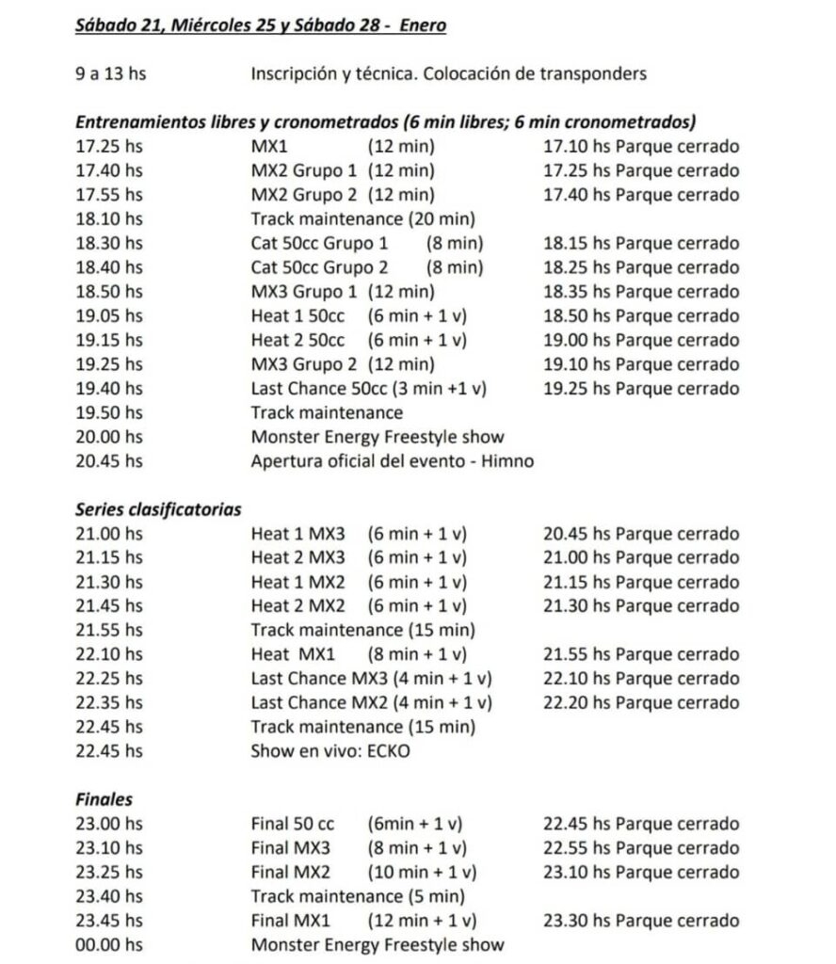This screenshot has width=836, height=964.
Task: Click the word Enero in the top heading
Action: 423,25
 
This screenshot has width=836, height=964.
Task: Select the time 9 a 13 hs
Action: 110,73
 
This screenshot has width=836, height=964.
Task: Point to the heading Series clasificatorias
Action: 158,509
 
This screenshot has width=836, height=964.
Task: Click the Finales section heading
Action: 104,799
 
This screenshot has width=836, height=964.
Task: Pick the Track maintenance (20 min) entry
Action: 363,219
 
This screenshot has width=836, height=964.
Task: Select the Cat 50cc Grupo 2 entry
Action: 319,267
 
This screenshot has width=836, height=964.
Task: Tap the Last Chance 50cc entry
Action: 369,388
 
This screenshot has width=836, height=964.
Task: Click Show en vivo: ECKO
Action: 330,751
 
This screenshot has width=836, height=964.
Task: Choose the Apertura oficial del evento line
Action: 392,460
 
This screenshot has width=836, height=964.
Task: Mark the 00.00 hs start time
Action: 109,944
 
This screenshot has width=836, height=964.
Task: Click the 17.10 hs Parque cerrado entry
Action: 641,147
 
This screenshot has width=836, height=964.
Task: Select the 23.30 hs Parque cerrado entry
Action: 641,921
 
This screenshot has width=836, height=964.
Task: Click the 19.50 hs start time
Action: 109,412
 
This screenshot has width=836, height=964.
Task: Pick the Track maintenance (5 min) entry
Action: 358,896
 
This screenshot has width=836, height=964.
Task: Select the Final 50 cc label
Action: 293,824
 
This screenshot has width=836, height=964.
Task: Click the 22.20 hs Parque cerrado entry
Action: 641,702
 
